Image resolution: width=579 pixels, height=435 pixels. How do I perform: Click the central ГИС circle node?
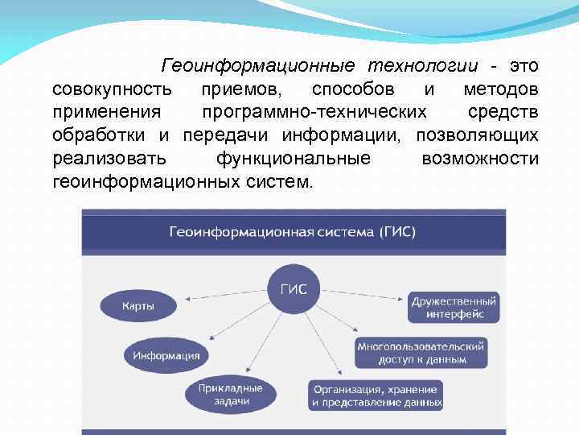(293, 288)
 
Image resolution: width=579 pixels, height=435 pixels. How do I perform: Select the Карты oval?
(138, 306)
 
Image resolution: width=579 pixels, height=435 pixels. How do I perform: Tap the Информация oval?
(166, 354)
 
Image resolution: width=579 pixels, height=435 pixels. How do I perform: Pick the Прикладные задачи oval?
(232, 394)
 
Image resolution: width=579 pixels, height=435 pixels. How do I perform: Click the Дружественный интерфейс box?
(454, 307)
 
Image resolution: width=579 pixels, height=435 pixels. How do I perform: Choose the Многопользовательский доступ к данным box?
(421, 352)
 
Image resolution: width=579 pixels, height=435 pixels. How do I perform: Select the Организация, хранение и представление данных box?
(376, 395)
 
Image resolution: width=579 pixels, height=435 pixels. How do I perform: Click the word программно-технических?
(314, 111)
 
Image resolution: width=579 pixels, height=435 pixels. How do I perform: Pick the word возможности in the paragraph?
(480, 157)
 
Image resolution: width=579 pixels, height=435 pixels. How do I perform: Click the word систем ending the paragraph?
(279, 180)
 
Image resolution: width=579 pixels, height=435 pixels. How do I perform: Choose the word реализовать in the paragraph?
(109, 157)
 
